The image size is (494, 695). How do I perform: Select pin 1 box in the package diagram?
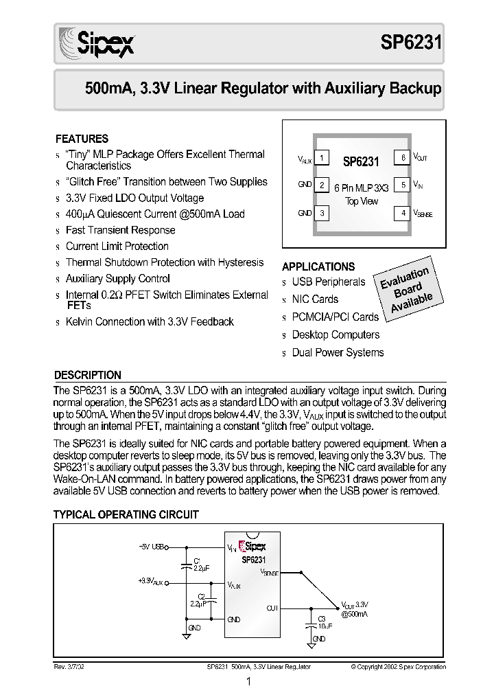click(321, 159)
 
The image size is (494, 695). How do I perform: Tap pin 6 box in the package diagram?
click(404, 159)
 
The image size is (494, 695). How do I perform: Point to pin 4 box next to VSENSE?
click(404, 213)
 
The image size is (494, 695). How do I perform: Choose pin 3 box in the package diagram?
click(321, 213)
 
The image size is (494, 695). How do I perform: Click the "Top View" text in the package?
click(362, 202)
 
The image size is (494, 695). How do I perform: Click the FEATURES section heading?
click(82, 139)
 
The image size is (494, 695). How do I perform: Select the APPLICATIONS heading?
click(318, 266)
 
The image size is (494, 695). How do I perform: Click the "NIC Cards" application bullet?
click(315, 299)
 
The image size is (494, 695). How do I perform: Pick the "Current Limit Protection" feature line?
click(117, 246)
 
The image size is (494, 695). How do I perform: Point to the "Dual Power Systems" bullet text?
click(338, 352)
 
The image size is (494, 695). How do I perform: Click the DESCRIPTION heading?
click(88, 376)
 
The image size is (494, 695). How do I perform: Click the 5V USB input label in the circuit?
click(150, 547)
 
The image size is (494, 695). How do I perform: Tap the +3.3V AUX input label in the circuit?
click(150, 581)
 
